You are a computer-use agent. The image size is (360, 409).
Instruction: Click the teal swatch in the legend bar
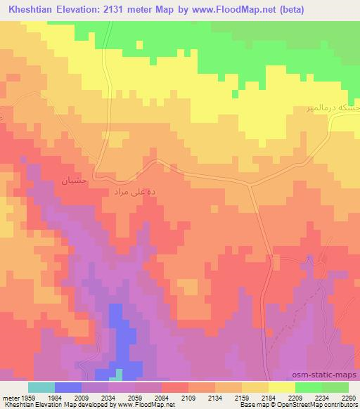(x=41, y=387)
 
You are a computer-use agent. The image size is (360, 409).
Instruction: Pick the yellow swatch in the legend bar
(x=281, y=387)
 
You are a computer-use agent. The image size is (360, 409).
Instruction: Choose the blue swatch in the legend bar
(x=67, y=387)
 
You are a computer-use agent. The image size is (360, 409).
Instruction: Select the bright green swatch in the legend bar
(x=308, y=387)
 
